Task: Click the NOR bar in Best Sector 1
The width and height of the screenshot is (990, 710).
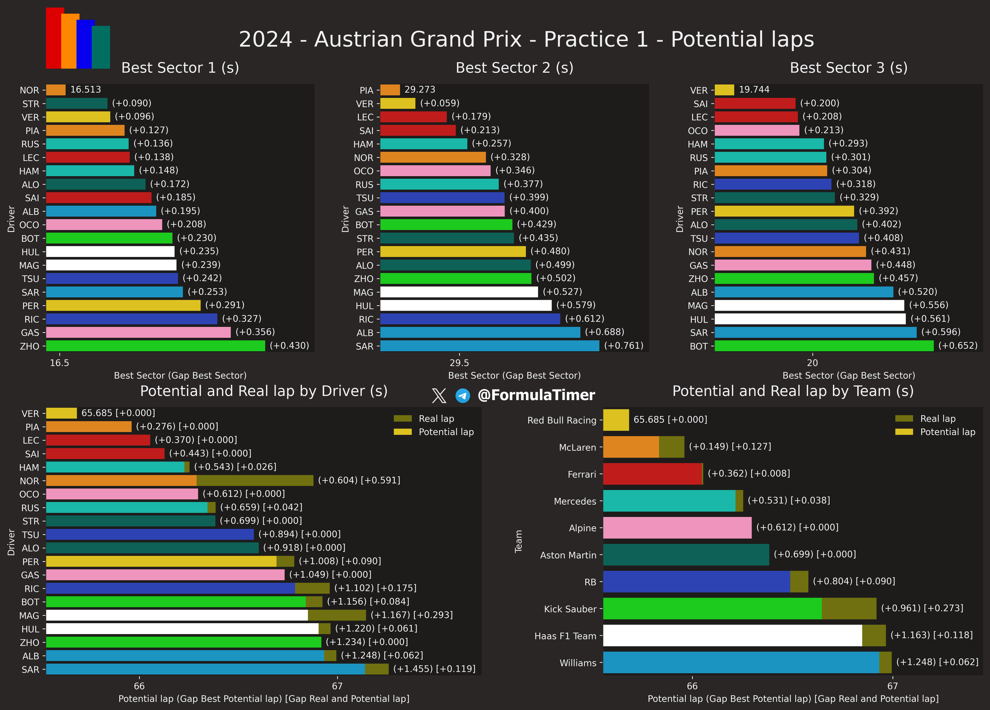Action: point(56,90)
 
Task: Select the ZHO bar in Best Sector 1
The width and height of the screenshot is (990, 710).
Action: point(155,346)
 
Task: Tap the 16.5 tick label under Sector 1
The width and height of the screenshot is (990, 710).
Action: point(59,363)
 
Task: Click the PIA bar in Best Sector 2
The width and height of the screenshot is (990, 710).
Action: point(390,90)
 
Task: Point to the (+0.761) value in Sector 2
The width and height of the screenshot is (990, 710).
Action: point(623,346)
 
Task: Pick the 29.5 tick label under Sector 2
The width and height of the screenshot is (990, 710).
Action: point(459,363)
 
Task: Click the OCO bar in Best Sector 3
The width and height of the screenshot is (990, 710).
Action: point(757,131)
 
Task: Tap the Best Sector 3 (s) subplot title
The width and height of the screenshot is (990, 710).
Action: point(849,68)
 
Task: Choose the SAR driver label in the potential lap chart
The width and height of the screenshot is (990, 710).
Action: point(30,669)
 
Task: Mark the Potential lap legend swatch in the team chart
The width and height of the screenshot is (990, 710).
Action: point(904,432)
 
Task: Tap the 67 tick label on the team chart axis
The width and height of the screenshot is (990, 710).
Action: point(893,686)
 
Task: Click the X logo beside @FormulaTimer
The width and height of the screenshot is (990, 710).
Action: point(439,396)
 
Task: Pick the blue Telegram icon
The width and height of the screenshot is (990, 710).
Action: point(463,396)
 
